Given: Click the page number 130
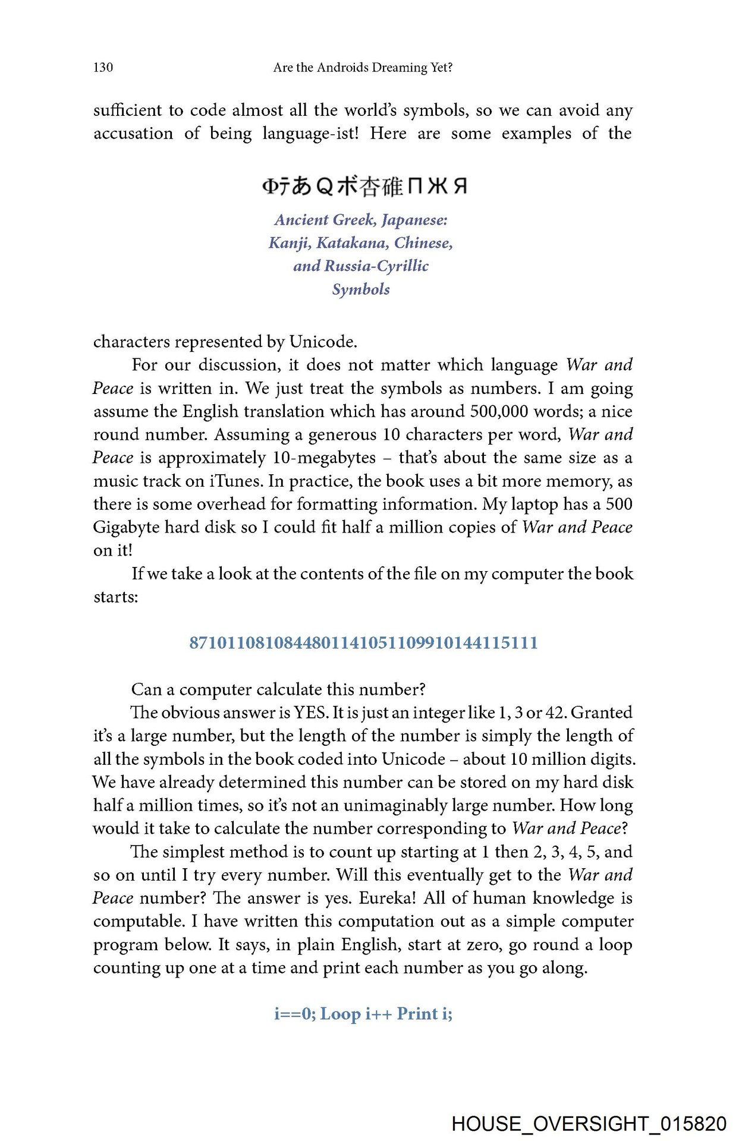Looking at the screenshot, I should pos(103,67).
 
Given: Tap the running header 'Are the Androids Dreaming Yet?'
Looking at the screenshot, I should pos(363,67).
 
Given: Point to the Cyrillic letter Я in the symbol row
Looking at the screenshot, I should pos(460,187).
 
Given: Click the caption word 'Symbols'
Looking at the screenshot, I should pos(361,289).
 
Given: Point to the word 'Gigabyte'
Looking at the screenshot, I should pos(126,527).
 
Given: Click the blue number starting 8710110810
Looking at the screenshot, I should pos(363,643).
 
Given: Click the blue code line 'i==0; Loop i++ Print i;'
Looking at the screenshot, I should pos(363,1014).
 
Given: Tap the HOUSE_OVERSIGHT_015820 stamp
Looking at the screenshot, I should pos(589,1124).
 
